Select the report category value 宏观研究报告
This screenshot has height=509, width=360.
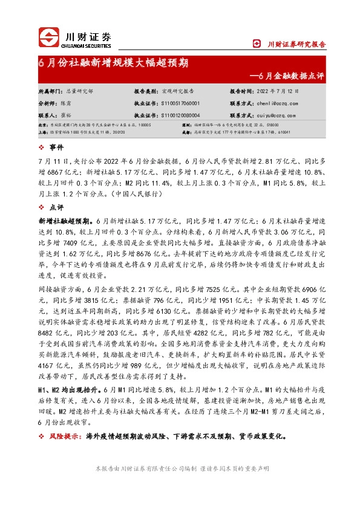coord(178,91)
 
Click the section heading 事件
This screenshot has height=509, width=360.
coord(56,148)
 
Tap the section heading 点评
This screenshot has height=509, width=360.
coord(56,207)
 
